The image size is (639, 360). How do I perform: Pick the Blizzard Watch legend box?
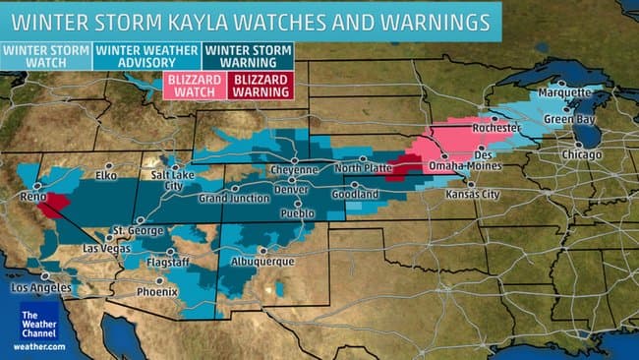(193, 85)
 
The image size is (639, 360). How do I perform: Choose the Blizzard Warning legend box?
(254, 85)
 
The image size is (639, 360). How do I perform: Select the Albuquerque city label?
(261, 262)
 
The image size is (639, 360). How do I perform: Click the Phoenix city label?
(157, 291)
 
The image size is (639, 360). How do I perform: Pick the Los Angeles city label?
(41, 288)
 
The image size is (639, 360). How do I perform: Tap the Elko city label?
(105, 175)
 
